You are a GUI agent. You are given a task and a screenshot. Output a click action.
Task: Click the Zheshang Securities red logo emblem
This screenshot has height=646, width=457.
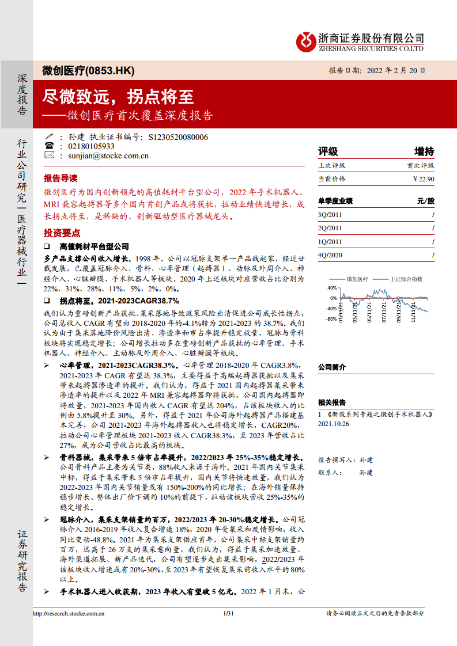coord(306,40)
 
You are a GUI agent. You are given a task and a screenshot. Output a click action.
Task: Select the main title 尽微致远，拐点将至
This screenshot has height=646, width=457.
coord(119,96)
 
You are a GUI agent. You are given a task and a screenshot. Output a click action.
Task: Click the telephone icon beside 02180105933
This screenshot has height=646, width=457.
coord(49,146)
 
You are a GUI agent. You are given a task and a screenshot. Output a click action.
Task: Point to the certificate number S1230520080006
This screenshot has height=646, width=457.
coord(178,138)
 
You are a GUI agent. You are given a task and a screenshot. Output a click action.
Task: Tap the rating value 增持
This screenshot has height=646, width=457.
coord(424,151)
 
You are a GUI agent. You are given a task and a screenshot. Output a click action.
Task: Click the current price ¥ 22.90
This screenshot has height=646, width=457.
coord(423,179)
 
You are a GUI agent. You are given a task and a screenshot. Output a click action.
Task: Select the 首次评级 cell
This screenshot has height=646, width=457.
coord(420,165)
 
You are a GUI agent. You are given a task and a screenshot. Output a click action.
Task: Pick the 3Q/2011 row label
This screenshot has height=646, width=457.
coord(330,215)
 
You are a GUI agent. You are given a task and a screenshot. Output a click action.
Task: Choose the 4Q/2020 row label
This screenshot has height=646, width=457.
coord(330,255)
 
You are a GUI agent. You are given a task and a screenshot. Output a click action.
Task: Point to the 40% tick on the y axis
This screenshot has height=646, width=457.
coord(331,288)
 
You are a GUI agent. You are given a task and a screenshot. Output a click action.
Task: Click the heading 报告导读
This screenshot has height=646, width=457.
coord(60,177)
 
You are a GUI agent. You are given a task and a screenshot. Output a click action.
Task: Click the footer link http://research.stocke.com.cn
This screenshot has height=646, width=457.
coord(69,614)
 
